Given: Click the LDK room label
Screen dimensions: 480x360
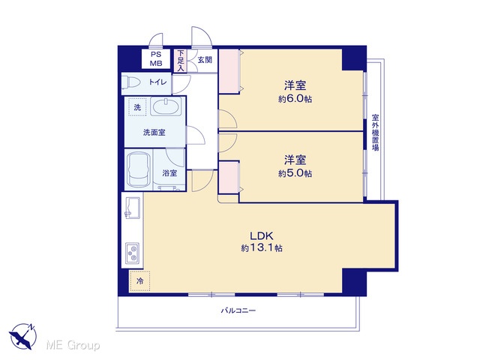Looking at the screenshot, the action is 262,235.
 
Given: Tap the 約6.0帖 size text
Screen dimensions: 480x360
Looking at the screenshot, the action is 295,99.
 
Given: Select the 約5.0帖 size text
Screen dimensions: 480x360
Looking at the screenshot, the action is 295,173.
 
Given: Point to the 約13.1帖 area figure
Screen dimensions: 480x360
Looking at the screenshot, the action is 262,247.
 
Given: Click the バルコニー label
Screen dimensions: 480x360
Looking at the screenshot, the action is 238,310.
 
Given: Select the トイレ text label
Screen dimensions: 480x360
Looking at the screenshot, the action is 158,82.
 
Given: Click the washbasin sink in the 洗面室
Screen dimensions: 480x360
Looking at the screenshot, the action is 166,106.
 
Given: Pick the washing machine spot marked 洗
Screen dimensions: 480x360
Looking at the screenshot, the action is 137,107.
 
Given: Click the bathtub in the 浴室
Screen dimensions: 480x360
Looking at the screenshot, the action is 139,169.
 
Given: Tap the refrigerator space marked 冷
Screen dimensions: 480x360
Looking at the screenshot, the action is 139,281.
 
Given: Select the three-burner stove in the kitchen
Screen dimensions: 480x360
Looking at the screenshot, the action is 133,253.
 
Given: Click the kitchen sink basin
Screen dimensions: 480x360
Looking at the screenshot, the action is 133,208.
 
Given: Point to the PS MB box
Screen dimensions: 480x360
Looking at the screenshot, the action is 156,58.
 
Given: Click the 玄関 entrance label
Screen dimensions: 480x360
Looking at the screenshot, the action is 205,60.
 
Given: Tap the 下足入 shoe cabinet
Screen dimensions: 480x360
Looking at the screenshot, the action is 181,61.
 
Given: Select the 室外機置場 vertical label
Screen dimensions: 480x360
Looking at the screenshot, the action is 375,132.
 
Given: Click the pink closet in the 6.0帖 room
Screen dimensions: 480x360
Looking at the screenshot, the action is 229,71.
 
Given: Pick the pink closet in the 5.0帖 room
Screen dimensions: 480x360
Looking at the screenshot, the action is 229,178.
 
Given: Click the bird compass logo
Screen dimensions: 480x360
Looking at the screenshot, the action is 22,336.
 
